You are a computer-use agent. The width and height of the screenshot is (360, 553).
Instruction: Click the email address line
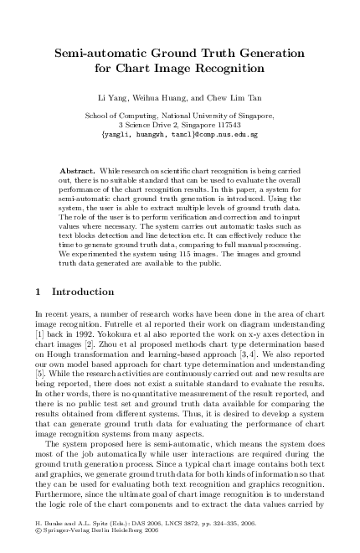[179, 133]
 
